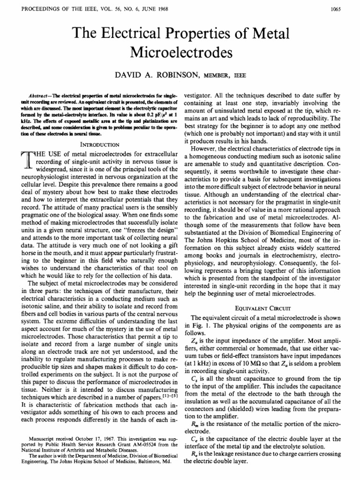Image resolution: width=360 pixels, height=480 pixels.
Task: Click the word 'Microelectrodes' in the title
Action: [180, 52]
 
